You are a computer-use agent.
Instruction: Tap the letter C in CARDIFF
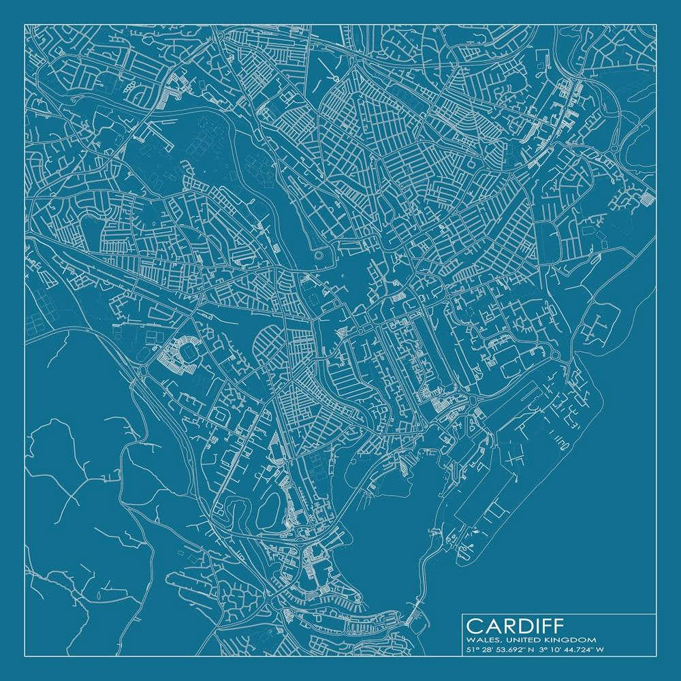(x=475, y=625)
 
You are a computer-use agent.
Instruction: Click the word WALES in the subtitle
(x=479, y=639)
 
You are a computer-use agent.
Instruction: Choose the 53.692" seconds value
(x=509, y=650)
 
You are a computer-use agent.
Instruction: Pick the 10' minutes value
(x=558, y=650)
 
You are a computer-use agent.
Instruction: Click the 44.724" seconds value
(x=581, y=650)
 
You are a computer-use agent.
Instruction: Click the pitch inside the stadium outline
(x=182, y=352)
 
